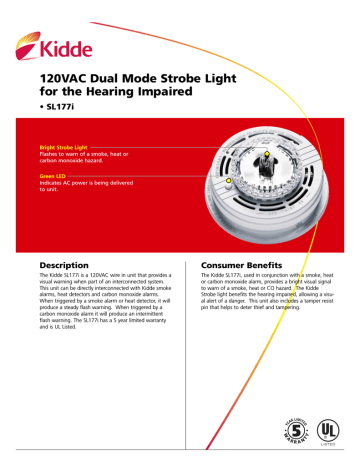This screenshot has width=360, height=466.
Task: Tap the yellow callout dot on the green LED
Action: tap(229, 181)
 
